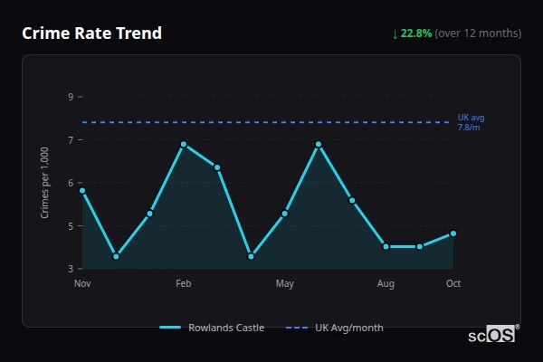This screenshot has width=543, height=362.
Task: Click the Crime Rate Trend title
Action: (91, 33)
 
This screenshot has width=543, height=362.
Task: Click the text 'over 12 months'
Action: (478, 33)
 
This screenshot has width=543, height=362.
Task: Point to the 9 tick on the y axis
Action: (71, 97)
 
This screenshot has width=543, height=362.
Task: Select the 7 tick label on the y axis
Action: (71, 139)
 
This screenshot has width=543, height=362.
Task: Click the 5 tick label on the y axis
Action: (71, 226)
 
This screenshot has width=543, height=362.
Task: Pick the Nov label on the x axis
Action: (82, 284)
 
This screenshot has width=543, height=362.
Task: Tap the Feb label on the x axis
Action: (184, 284)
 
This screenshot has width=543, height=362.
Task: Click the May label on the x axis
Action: (285, 284)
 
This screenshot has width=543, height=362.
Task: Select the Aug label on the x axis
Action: (386, 284)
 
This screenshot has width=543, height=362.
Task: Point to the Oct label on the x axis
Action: (453, 284)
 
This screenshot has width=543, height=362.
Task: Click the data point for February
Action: (184, 144)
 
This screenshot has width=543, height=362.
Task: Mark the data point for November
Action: (82, 190)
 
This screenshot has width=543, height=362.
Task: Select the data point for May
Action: (285, 214)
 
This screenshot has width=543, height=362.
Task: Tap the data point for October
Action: (453, 233)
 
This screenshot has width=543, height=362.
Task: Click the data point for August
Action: (386, 246)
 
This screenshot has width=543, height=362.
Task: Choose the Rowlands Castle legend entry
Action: (212, 328)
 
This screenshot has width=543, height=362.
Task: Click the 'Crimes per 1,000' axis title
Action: (44, 183)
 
